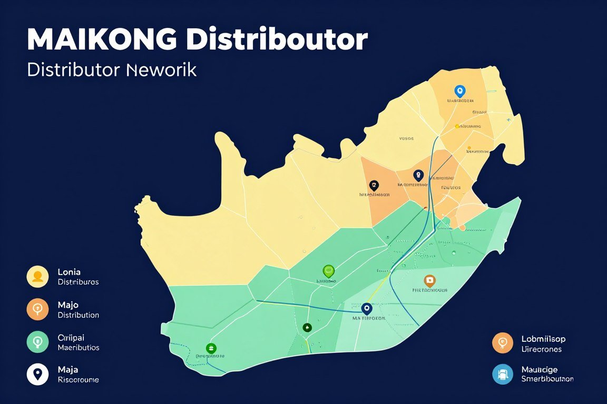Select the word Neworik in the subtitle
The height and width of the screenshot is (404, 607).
(162, 70)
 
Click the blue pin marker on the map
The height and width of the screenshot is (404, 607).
(460, 92)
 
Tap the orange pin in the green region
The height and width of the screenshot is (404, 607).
(430, 281)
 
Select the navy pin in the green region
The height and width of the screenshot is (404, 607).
(367, 308)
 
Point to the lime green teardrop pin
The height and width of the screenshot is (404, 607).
(328, 271)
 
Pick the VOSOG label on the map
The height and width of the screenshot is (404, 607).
(406, 139)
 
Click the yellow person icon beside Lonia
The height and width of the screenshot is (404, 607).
(37, 277)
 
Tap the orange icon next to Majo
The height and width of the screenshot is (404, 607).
(37, 309)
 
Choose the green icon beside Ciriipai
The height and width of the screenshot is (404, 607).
(37, 342)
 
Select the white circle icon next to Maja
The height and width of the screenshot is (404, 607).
(37, 374)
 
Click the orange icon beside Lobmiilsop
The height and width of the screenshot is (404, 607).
(503, 343)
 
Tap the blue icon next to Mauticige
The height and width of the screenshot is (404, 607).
(503, 374)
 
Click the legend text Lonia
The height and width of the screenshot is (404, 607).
(69, 272)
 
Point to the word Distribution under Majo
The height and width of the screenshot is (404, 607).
(78, 315)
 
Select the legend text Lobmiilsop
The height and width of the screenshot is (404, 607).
(543, 339)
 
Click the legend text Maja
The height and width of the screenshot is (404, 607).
(67, 369)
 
